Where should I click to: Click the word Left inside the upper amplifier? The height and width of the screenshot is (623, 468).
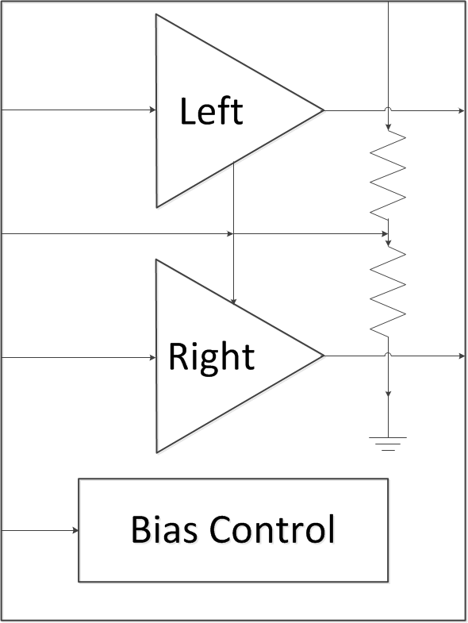pos(211,112)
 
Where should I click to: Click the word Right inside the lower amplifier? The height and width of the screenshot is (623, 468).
pos(211,357)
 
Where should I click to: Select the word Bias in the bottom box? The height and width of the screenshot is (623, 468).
pos(162,529)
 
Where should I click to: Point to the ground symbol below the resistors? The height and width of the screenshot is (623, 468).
pos(388,443)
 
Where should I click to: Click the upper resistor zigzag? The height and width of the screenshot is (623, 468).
pos(389,176)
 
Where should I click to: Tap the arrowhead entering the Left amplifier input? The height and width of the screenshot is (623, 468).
pos(153,110)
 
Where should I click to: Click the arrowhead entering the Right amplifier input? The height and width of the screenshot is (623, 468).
pos(153,357)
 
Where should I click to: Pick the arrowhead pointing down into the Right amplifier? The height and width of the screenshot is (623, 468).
pos(233,301)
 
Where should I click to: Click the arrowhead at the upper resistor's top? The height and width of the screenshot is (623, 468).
pos(388,129)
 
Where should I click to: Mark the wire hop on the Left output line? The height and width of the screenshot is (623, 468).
pos(388,110)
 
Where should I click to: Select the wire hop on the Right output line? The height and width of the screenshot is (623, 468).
pos(388,356)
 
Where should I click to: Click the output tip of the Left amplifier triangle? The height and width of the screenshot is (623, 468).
pos(323,110)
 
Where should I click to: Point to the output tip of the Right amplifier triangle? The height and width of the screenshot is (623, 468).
pos(323,356)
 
